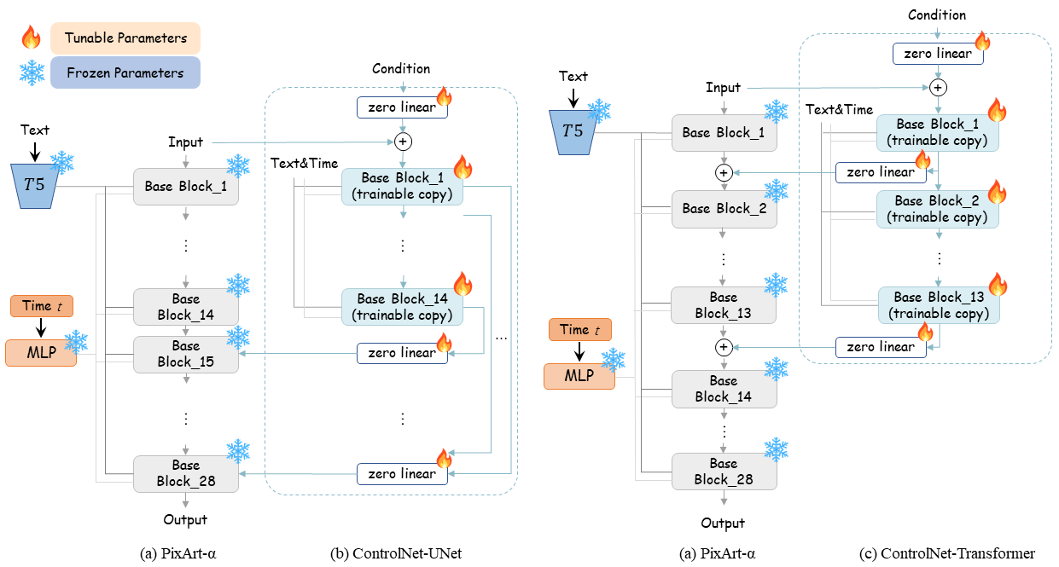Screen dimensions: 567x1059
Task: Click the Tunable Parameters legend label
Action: click(x=125, y=38)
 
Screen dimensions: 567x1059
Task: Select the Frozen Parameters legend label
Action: click(x=125, y=72)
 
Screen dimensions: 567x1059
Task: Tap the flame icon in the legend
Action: click(x=31, y=38)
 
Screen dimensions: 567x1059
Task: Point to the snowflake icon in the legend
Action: click(x=32, y=73)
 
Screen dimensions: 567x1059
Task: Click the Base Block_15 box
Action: click(x=186, y=354)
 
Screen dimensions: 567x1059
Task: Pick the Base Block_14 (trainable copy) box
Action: click(x=402, y=307)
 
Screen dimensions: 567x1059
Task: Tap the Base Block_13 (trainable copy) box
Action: click(x=939, y=305)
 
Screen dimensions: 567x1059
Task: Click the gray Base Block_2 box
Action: click(x=724, y=209)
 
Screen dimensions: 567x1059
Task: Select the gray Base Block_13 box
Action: click(x=724, y=305)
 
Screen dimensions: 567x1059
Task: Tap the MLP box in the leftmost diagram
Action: click(x=41, y=353)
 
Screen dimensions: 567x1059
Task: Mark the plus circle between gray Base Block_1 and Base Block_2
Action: click(x=724, y=172)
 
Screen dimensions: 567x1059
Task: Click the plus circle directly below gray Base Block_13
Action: click(x=724, y=347)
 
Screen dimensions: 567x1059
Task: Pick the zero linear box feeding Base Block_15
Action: click(x=402, y=353)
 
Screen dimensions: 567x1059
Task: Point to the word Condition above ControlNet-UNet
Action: click(x=401, y=68)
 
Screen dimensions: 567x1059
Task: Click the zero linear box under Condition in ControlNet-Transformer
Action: click(x=938, y=54)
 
